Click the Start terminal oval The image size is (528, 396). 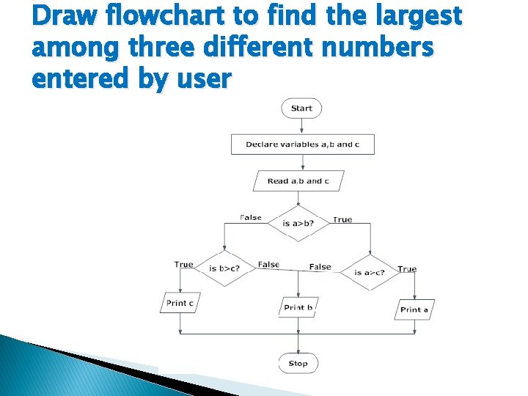tap(301, 109)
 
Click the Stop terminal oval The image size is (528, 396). tap(298, 363)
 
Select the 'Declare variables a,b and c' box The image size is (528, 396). tap(302, 144)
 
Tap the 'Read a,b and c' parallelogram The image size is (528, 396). tap(298, 180)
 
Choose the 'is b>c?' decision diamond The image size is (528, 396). tap(224, 268)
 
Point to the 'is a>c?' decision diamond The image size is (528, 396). tap(370, 273)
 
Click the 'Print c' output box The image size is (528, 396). tap(180, 303)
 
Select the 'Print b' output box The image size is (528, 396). tap(298, 307)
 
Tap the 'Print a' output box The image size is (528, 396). tap(414, 309)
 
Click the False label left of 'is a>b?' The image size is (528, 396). tap(251, 217)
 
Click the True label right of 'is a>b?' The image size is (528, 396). tap(342, 219)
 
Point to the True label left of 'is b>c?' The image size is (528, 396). tap(184, 264)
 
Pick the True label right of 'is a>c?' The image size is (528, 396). tap(407, 269)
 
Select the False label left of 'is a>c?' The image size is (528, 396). tap(320, 266)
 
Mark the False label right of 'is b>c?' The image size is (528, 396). tap(268, 264)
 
